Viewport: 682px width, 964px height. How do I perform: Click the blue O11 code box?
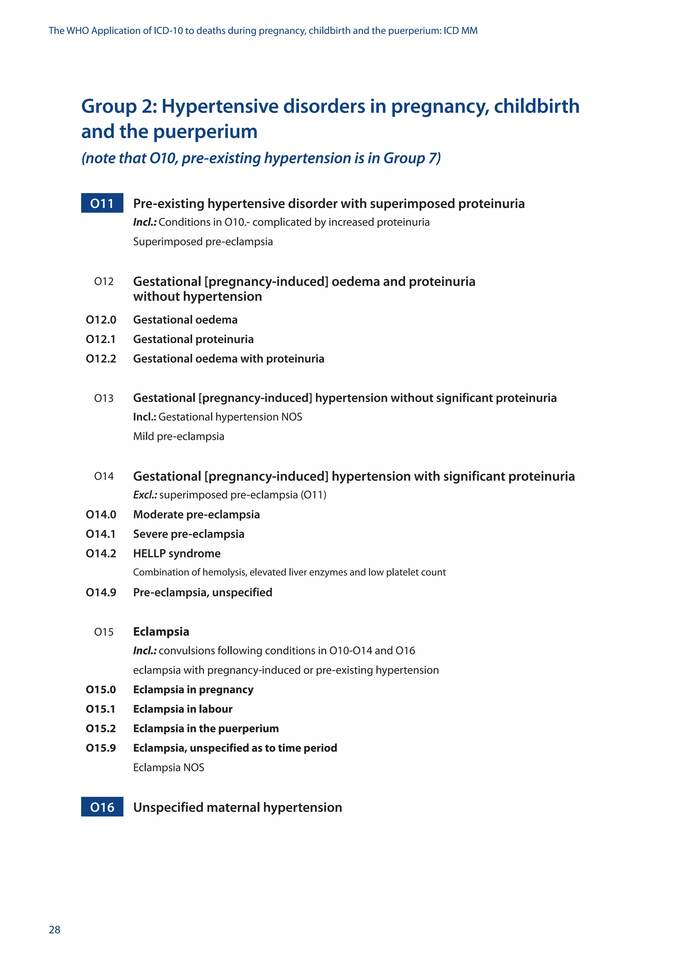pyautogui.click(x=102, y=203)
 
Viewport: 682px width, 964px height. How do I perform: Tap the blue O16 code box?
pyautogui.click(x=102, y=807)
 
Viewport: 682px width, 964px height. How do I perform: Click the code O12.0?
pyautogui.click(x=101, y=320)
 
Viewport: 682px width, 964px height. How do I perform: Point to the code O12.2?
pyautogui.click(x=101, y=359)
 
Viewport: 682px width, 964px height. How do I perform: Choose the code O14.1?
pyautogui.click(x=101, y=534)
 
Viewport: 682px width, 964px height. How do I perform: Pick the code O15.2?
pyautogui.click(x=101, y=728)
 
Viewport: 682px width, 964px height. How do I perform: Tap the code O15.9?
pyautogui.click(x=101, y=747)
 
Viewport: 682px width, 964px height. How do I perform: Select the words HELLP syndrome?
pyautogui.click(x=177, y=553)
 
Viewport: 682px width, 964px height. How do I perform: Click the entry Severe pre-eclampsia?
pyautogui.click(x=188, y=534)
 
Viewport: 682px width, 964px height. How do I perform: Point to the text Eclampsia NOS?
pyautogui.click(x=169, y=767)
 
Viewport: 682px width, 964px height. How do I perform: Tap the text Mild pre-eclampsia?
pyautogui.click(x=178, y=436)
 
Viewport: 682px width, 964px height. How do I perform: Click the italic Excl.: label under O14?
pyautogui.click(x=145, y=495)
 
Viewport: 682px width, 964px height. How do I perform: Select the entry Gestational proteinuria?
pyautogui.click(x=193, y=339)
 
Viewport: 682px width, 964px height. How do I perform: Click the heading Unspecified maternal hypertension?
pyautogui.click(x=237, y=807)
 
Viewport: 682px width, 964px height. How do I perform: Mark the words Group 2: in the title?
pyautogui.click(x=119, y=106)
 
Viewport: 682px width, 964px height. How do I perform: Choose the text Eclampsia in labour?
pyautogui.click(x=183, y=709)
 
